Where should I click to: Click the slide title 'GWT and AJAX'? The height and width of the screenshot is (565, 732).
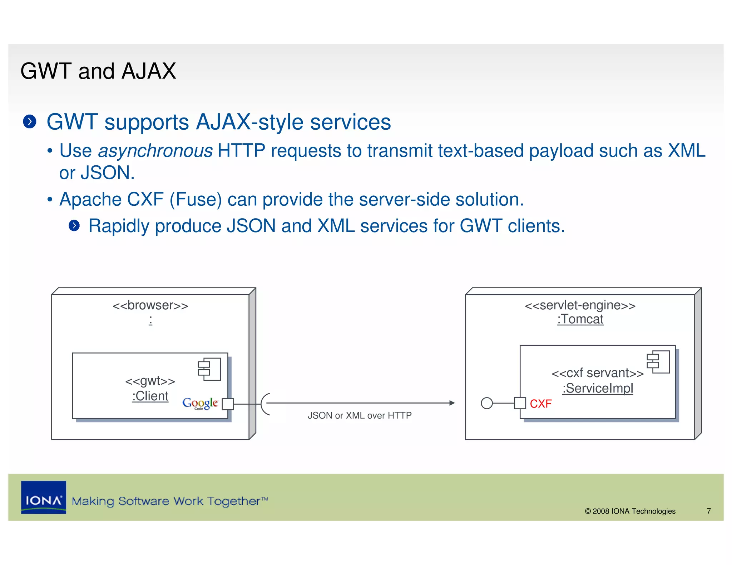[x=98, y=71]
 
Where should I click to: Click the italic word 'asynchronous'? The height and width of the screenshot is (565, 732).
[x=155, y=151]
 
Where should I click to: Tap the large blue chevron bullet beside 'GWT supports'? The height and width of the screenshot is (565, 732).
[x=30, y=122]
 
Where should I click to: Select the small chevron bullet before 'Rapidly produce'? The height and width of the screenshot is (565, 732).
[x=74, y=225]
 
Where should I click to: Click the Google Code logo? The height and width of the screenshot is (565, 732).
[x=200, y=403]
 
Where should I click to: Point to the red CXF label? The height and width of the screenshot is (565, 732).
[x=540, y=404]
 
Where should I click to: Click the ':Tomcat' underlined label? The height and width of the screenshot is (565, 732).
[x=580, y=319]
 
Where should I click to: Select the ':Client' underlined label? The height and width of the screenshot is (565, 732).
[x=150, y=396]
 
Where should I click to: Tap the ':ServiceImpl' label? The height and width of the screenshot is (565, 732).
[x=598, y=388]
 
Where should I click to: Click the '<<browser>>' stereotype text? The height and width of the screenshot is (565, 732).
[x=150, y=306]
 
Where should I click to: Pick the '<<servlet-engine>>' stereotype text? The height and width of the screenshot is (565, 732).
[x=580, y=305]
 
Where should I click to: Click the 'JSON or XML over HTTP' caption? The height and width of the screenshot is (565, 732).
[x=360, y=415]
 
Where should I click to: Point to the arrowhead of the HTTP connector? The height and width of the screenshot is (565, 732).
[x=452, y=403]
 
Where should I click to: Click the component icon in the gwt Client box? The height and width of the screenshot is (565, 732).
[x=209, y=369]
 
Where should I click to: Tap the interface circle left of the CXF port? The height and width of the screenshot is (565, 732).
[x=487, y=403]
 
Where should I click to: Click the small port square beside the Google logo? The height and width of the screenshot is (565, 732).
[x=228, y=404]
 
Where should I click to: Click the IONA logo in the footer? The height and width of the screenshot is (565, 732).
[x=44, y=497]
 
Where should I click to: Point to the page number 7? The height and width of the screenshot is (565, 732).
[x=709, y=511]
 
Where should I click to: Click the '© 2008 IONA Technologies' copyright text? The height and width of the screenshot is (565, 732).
[x=630, y=511]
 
